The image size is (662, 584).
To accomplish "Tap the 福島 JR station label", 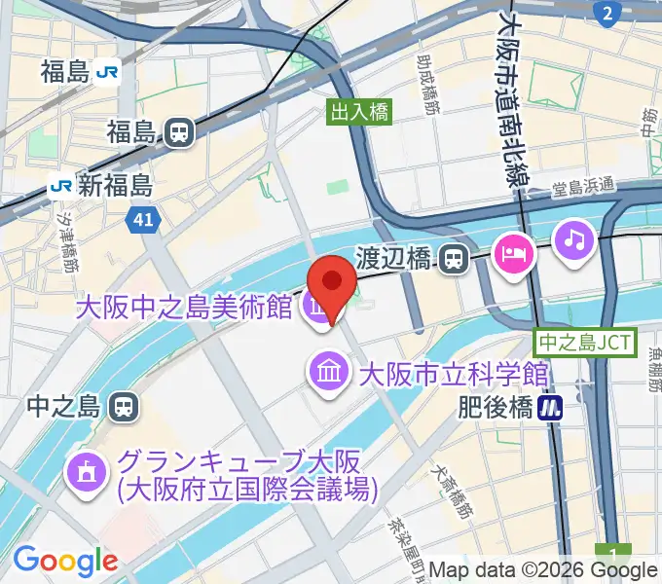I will (66, 71).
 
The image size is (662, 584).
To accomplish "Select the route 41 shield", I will (142, 221).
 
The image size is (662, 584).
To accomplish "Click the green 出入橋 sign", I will (360, 112).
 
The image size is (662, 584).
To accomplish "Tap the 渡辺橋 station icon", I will (452, 259).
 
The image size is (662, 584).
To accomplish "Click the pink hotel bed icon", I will (512, 255).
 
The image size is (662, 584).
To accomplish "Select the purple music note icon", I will (574, 239).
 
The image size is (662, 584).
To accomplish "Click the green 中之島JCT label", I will (585, 343).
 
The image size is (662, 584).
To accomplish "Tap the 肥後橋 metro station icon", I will (554, 406).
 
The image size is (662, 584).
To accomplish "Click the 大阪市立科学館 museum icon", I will (327, 372).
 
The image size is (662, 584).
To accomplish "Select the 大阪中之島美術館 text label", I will (185, 309).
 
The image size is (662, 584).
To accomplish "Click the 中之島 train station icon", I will (123, 404).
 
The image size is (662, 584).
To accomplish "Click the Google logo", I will (65, 561).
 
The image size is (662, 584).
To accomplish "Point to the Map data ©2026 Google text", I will (542, 570).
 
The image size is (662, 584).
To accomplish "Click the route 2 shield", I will (607, 12).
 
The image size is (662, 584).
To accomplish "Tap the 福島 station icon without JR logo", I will (176, 132).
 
